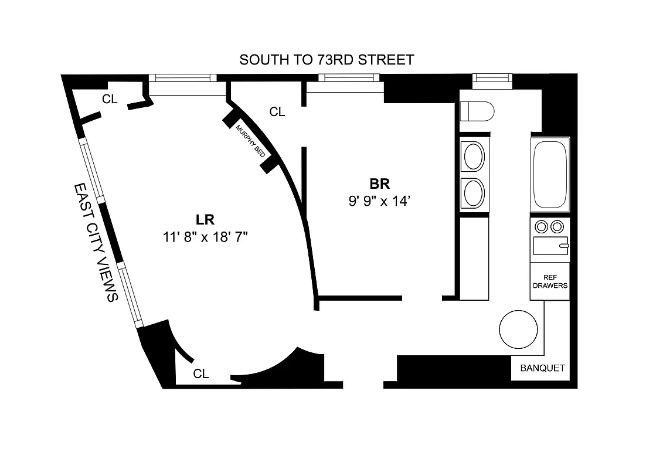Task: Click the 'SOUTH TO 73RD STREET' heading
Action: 327,59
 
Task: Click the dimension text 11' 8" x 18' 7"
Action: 206,237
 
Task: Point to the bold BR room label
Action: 379,184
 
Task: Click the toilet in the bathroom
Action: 477,110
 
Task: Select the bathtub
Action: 550,174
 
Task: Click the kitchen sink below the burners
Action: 550,246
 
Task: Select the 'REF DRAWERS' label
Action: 550,281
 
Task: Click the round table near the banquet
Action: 518,329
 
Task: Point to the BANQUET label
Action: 543,368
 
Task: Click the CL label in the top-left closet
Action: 110,99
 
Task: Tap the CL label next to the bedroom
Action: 277,111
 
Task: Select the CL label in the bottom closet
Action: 201,374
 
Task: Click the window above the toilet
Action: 492,77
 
